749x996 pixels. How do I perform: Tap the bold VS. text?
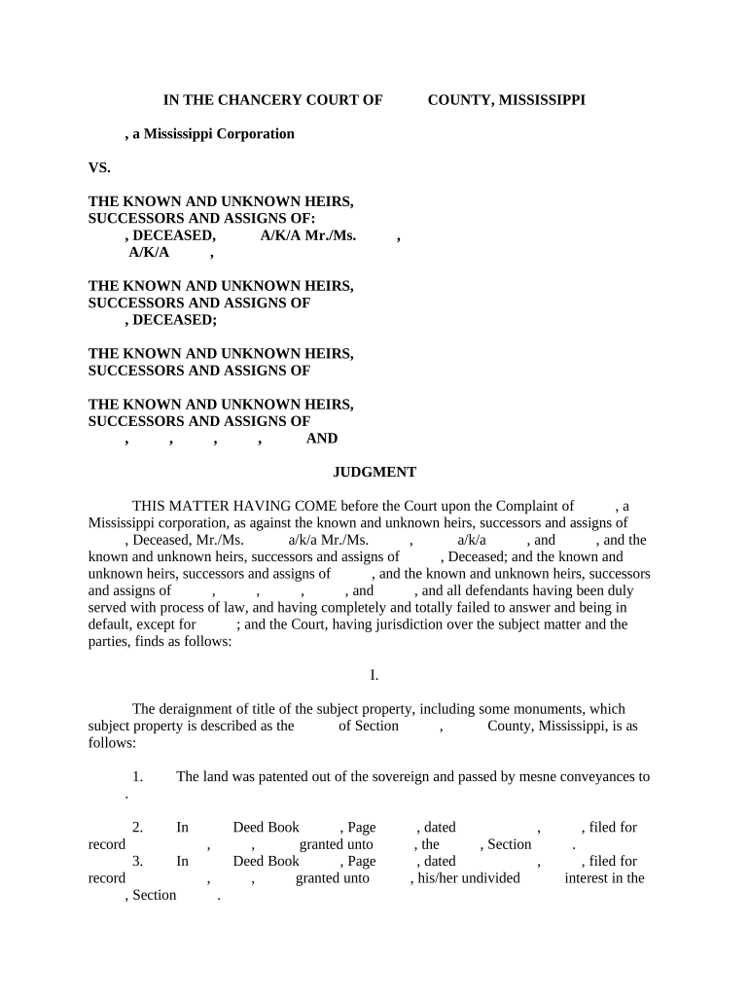coord(99,167)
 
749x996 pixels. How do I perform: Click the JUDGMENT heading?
coord(374,472)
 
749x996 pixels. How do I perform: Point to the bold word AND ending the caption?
coord(322,439)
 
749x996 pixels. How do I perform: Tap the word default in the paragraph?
coord(110,624)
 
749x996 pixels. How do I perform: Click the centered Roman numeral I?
coord(374,675)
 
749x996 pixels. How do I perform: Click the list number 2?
coord(137,828)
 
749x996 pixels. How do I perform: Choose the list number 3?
coord(137,862)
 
